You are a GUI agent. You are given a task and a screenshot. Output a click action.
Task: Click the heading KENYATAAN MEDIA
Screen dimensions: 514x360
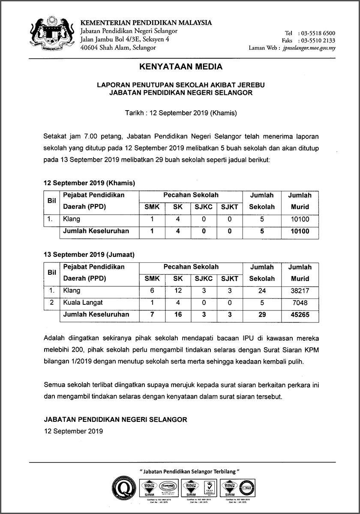[x=181, y=67]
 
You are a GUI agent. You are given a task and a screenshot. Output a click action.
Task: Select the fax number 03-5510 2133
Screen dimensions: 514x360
[x=318, y=40]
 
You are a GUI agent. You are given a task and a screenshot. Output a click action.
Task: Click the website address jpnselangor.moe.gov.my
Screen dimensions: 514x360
[x=309, y=48]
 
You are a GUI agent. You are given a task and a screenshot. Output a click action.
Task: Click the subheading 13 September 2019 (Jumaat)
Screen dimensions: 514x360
[x=89, y=254]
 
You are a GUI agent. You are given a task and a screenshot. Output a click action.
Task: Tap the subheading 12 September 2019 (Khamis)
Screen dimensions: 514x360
[x=89, y=183]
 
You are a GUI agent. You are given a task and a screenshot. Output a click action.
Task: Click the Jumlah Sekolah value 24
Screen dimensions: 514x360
[x=262, y=291]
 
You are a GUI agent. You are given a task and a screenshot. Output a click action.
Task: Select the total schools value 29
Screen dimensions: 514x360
[x=262, y=315]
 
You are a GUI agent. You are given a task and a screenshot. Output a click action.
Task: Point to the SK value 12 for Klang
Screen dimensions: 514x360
[x=178, y=291]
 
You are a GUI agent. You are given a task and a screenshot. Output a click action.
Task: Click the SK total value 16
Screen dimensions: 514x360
[x=178, y=315]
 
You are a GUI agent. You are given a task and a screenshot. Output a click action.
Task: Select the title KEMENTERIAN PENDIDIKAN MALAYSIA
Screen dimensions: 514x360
[x=146, y=23]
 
